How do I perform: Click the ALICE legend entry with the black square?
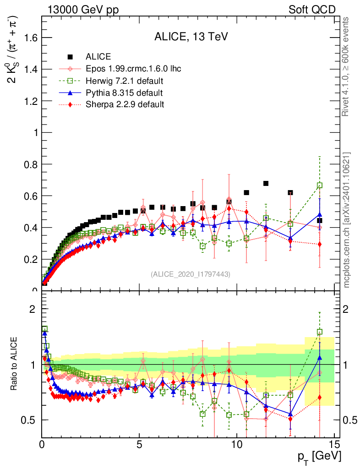click(98, 57)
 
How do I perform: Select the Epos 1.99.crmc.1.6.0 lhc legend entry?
click(133, 69)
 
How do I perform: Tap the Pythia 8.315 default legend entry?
click(124, 93)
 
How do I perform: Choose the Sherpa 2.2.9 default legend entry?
click(125, 104)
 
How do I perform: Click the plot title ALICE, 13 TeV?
click(191, 37)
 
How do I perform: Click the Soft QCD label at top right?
click(312, 10)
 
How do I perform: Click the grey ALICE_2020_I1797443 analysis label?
click(191, 274)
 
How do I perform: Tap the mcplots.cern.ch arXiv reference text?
click(347, 220)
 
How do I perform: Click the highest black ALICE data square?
click(266, 184)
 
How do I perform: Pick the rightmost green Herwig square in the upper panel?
click(320, 185)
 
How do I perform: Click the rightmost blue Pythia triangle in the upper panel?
click(320, 214)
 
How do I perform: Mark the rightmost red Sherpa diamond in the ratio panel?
click(320, 397)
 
